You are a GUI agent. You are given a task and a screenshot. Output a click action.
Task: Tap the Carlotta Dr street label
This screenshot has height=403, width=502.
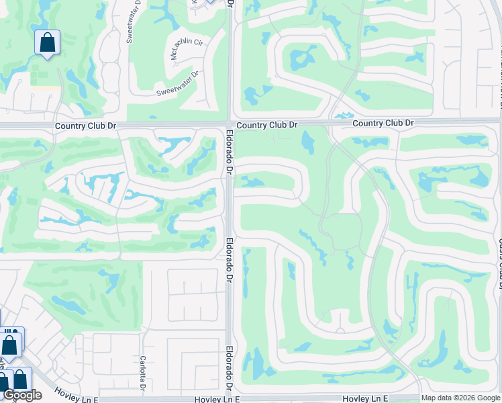(143, 373)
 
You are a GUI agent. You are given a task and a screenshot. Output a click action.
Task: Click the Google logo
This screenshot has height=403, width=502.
(23, 395)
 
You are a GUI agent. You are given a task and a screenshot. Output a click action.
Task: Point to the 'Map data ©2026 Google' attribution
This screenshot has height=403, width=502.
(460, 398)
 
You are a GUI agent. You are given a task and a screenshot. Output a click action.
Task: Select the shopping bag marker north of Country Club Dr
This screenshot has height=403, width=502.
(48, 42)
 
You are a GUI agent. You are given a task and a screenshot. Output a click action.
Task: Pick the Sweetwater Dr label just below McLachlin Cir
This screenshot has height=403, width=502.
(178, 84)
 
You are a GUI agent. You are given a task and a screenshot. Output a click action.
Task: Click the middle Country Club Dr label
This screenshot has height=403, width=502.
(266, 125)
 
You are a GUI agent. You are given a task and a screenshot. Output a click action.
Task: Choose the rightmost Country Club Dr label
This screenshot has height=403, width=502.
(383, 123)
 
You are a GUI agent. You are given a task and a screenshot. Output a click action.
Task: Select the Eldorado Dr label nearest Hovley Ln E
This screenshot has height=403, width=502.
(229, 368)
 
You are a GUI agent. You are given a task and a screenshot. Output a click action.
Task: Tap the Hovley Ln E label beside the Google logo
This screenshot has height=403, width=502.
(76, 399)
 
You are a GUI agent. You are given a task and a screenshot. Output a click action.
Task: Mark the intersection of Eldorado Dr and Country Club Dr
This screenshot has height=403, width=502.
(229, 123)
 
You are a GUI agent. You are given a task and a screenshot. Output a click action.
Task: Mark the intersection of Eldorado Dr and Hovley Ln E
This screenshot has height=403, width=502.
(229, 398)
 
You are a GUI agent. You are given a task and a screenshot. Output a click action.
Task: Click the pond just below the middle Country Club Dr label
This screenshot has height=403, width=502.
(307, 141)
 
